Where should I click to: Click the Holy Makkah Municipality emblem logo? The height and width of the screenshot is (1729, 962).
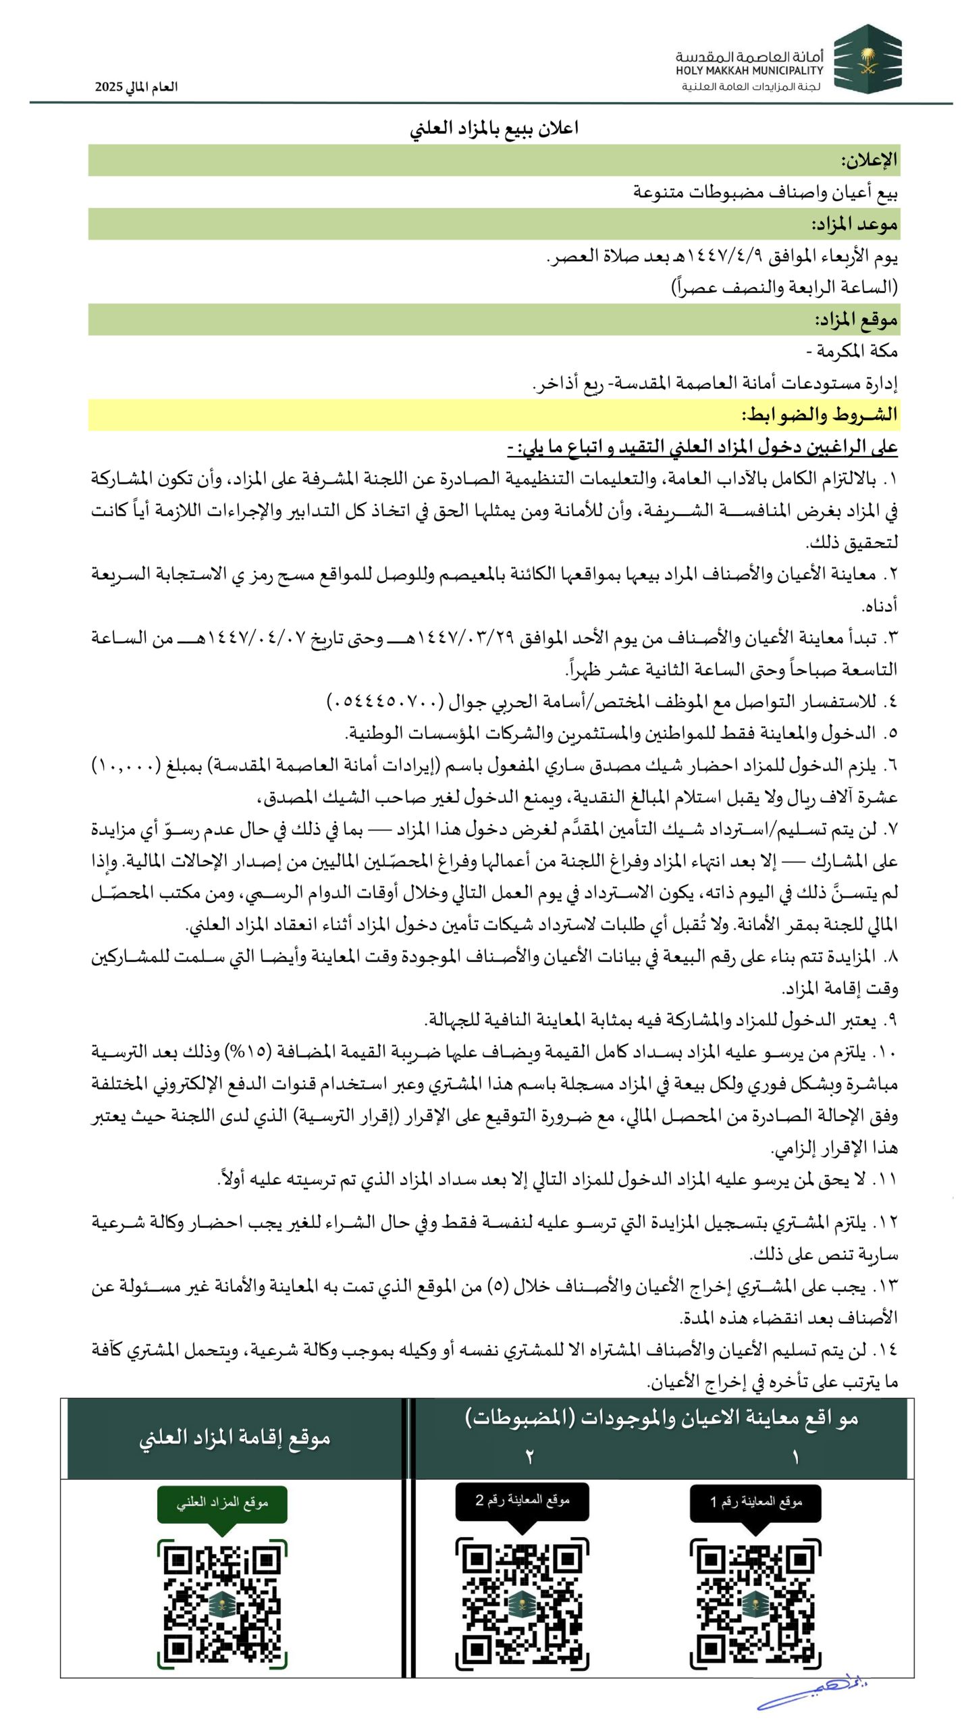coord(867,59)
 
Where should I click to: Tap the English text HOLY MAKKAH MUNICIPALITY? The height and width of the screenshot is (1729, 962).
coord(749,70)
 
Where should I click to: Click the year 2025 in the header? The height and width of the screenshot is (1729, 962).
coord(108,87)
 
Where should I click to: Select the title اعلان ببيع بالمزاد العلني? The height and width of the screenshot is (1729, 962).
coord(493,128)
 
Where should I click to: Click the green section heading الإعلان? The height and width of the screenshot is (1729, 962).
coord(868,160)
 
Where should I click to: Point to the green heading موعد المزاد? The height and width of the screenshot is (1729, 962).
coord(854,224)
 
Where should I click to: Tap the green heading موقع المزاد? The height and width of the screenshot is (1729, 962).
coord(855,319)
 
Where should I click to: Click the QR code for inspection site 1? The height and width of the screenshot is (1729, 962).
coord(755,1603)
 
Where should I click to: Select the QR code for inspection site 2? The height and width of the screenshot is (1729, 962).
coord(522,1603)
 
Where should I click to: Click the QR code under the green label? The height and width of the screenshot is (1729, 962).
coord(222,1603)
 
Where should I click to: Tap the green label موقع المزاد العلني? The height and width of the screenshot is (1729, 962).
coord(222,1503)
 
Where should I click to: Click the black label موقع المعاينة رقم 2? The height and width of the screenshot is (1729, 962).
coord(522,1501)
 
